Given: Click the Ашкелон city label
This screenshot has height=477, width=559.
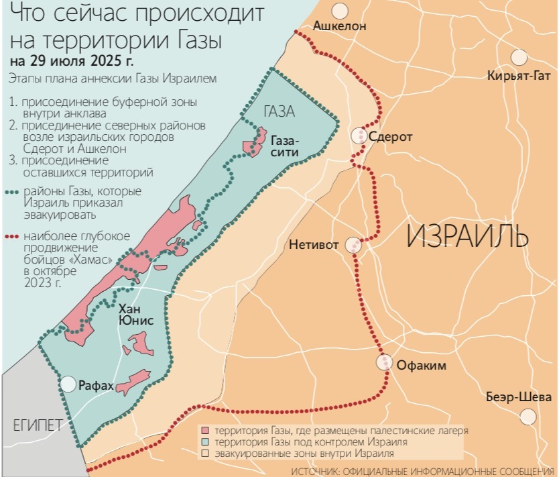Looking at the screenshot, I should tap(340, 28).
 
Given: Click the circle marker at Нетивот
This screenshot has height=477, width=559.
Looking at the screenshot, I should tap(353, 246).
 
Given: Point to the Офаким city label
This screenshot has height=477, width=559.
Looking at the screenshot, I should tap(422, 366).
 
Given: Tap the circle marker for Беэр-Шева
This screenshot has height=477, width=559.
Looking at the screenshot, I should tap(529, 415).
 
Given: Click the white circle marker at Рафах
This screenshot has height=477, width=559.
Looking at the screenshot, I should tap(68, 384).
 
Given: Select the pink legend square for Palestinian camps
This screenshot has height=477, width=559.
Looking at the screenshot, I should tap(204, 430).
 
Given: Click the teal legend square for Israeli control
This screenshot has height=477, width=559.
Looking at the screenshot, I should tap(204, 442).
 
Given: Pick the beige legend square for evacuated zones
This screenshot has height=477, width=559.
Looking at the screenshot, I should tap(204, 454).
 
